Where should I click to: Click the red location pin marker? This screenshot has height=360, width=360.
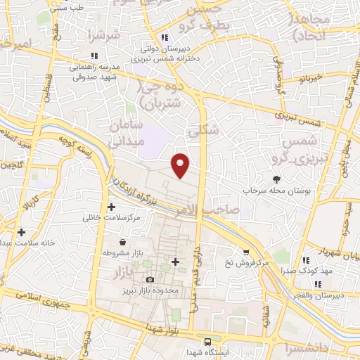click(180, 165)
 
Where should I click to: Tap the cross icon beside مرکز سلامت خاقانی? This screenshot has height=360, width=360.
click(112, 207)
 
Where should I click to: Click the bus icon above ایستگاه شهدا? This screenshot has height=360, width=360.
click(207, 341)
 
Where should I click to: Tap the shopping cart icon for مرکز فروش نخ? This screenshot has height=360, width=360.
click(245, 252)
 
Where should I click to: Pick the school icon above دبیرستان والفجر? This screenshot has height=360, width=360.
click(317, 284)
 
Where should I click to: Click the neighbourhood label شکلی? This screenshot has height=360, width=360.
click(205, 130)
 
